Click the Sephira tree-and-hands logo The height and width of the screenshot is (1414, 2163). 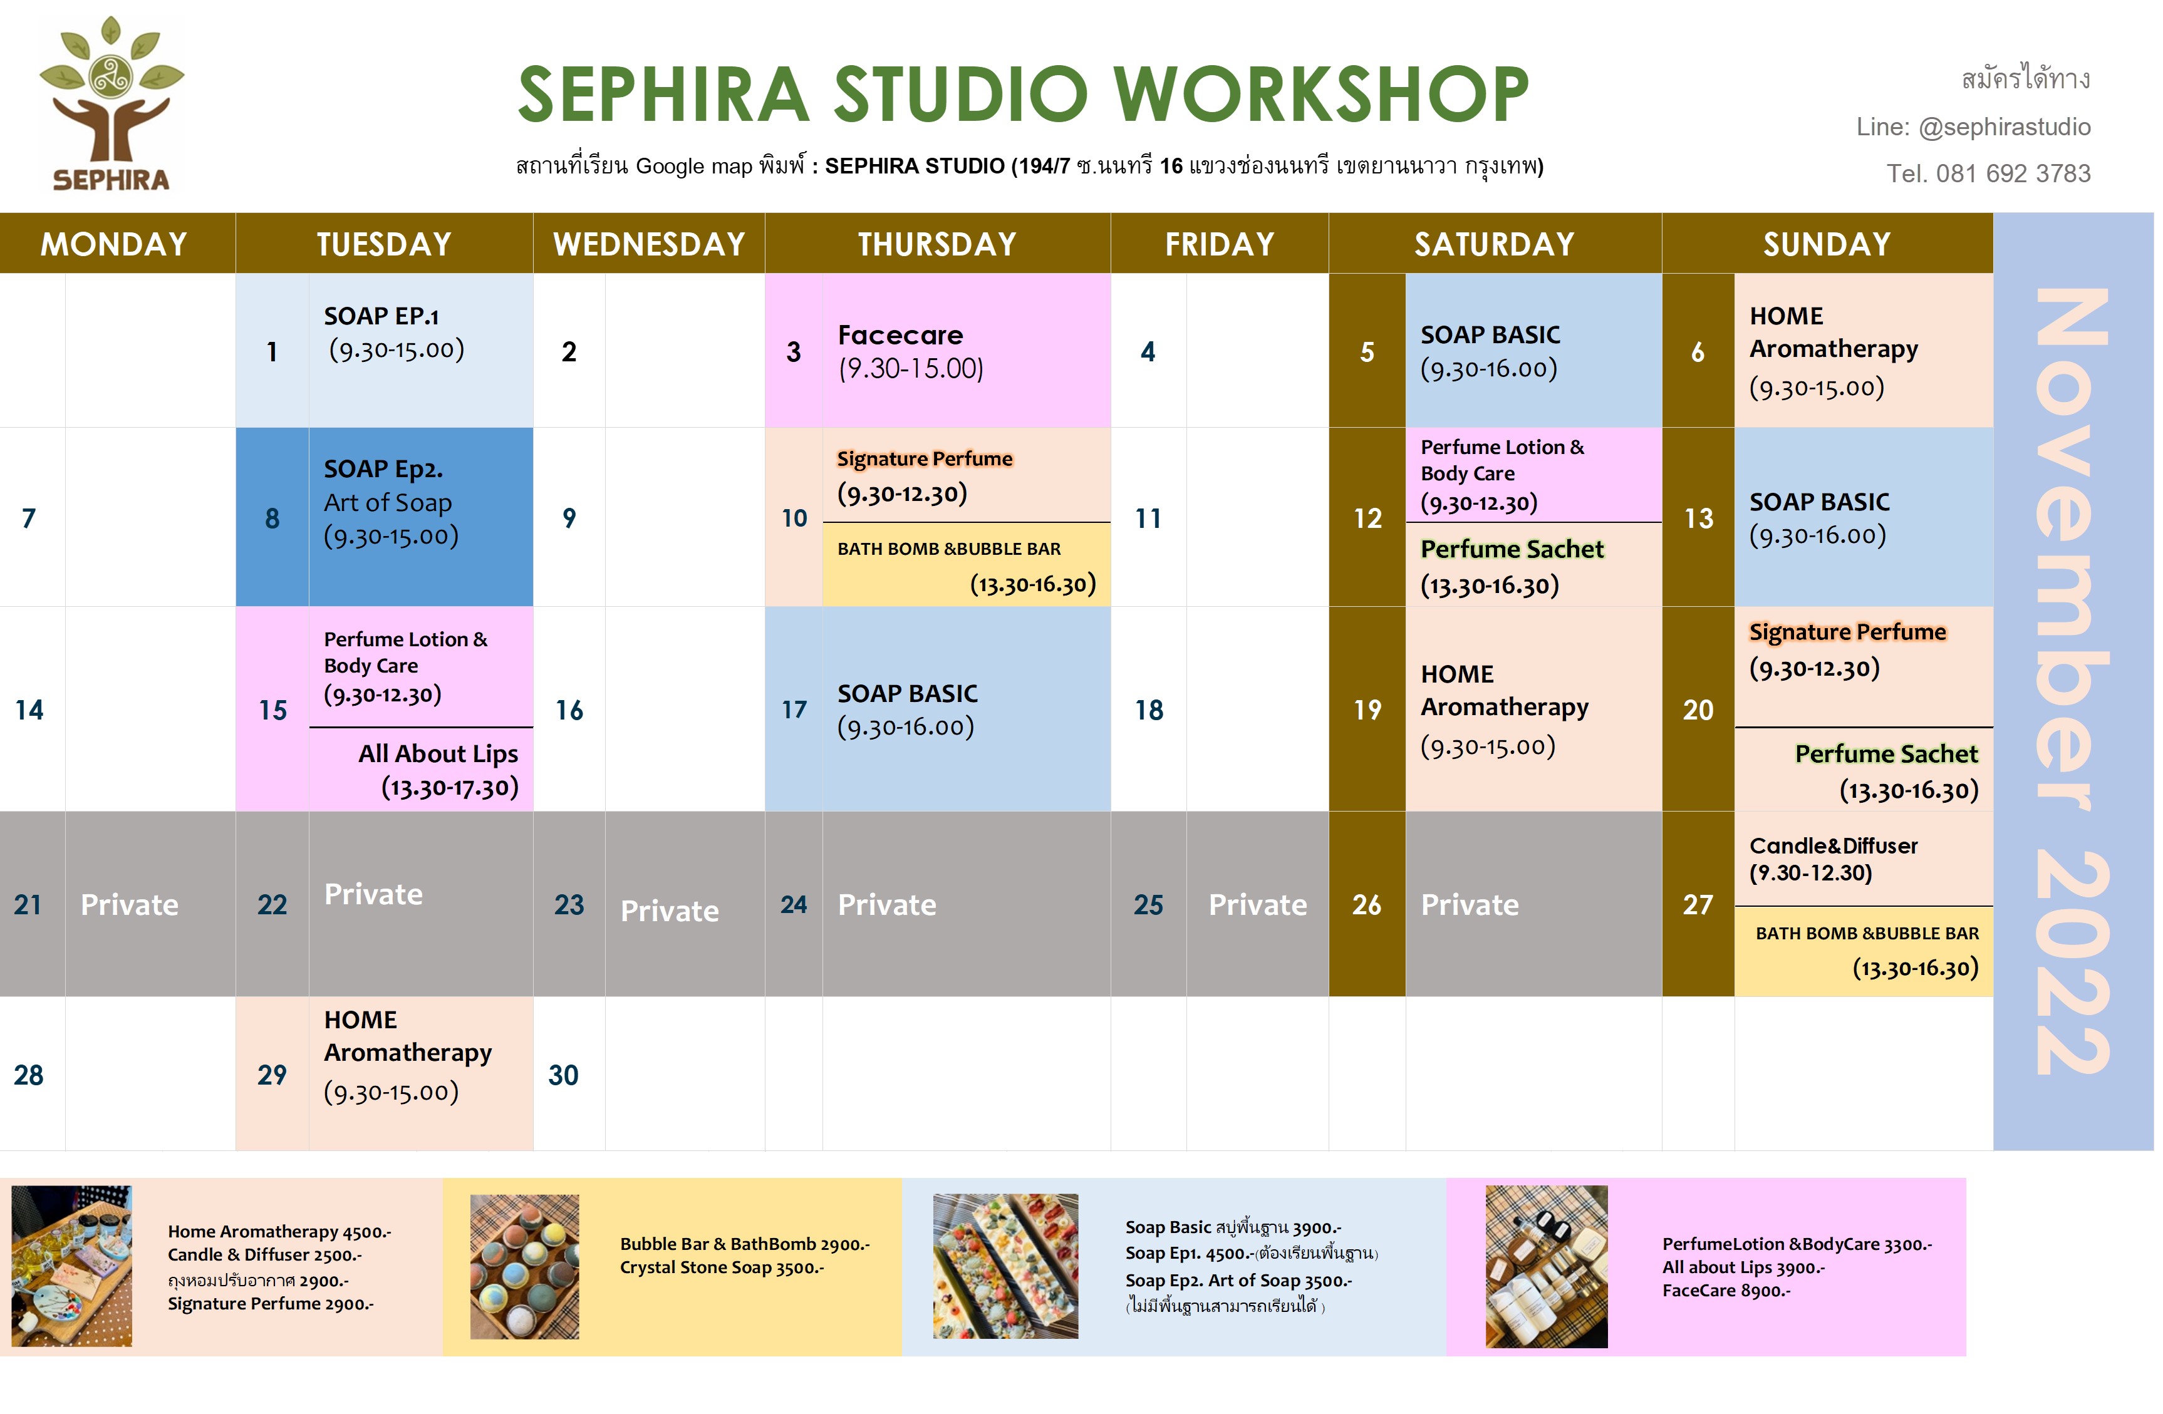pyautogui.click(x=111, y=103)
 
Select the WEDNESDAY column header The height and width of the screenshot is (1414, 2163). pyautogui.click(x=649, y=244)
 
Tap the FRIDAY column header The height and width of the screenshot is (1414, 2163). pyautogui.click(x=1220, y=244)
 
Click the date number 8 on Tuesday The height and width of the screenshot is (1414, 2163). pyautogui.click(x=272, y=518)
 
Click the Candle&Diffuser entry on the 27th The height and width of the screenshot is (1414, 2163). pyautogui.click(x=1833, y=859)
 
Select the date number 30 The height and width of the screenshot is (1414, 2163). pyautogui.click(x=564, y=1075)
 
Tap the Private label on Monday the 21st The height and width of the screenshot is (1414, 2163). pyautogui.click(x=130, y=904)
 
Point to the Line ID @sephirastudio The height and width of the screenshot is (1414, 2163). pyautogui.click(x=2004, y=127)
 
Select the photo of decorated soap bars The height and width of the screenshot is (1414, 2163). pyautogui.click(x=1005, y=1266)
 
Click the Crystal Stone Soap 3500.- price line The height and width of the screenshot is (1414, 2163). pyautogui.click(x=722, y=1267)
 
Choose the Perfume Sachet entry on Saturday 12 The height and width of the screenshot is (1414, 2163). pyautogui.click(x=1512, y=566)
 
